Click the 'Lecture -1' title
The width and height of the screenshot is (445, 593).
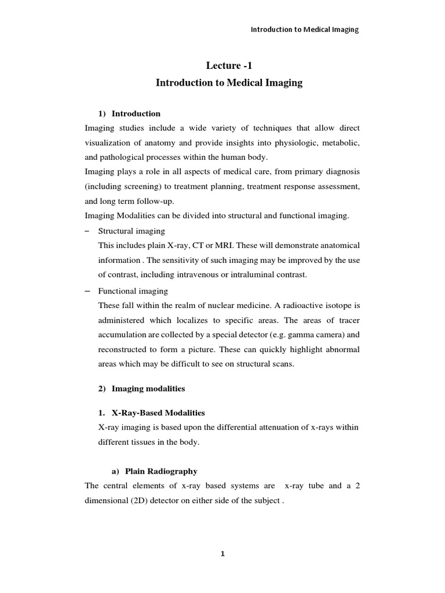pyautogui.click(x=229, y=66)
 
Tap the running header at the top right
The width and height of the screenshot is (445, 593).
pyautogui.click(x=304, y=30)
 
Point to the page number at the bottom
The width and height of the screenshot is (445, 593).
pyautogui.click(x=222, y=554)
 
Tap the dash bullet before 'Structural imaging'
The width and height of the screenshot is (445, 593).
pyautogui.click(x=87, y=230)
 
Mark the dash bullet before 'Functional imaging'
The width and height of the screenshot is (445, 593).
pyautogui.click(x=87, y=290)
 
